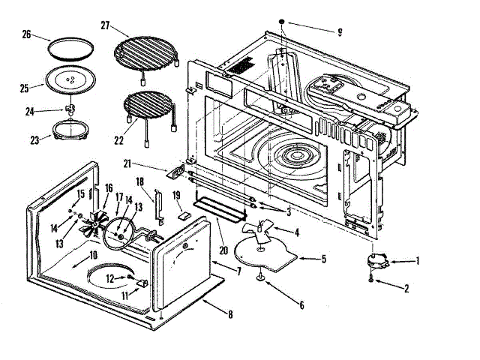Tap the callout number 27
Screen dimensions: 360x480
coord(106,25)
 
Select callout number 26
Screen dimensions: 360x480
coord(26,34)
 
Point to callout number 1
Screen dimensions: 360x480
coord(418,261)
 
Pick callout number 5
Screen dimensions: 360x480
coord(323,259)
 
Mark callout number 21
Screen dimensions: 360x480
coord(127,162)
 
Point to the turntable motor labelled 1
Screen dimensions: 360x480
coord(376,261)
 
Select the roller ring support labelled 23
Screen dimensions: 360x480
coord(69,134)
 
